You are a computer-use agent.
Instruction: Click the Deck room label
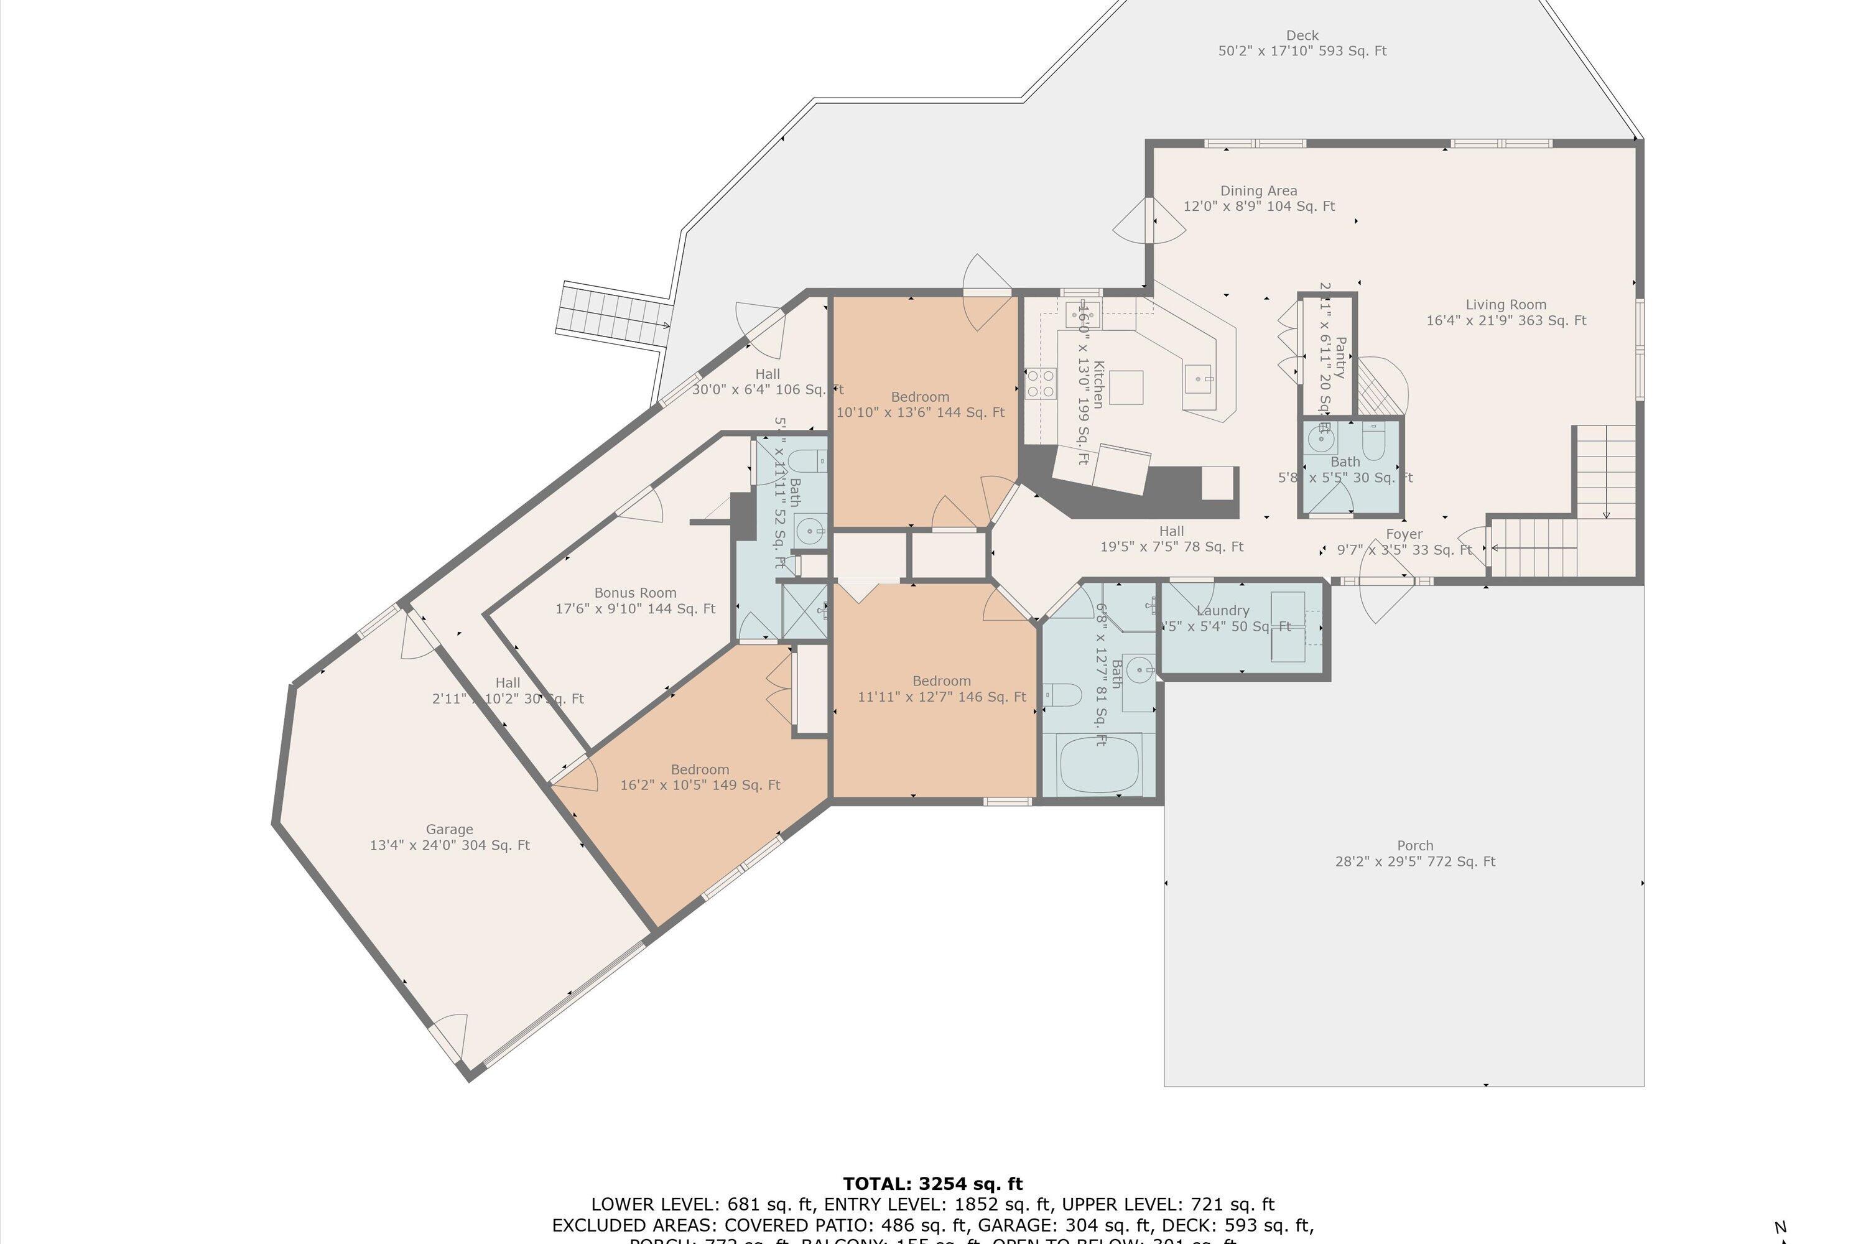pyautogui.click(x=1302, y=43)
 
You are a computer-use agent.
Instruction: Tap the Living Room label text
pyautogui.click(x=1506, y=312)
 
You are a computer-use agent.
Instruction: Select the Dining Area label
pyautogui.click(x=1258, y=198)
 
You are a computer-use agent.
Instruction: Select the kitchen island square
pyautogui.click(x=1126, y=387)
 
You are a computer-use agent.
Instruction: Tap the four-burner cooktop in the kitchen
pyautogui.click(x=1040, y=383)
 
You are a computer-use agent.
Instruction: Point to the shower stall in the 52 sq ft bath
pyautogui.click(x=804, y=610)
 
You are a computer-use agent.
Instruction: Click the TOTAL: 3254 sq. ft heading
pyautogui.click(x=932, y=1184)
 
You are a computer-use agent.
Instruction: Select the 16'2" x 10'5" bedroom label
pyautogui.click(x=700, y=777)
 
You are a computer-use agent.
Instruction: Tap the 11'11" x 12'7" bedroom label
pyautogui.click(x=941, y=688)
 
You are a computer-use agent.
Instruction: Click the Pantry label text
pyautogui.click(x=1340, y=357)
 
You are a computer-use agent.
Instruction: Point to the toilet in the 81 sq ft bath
pyautogui.click(x=1061, y=695)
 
